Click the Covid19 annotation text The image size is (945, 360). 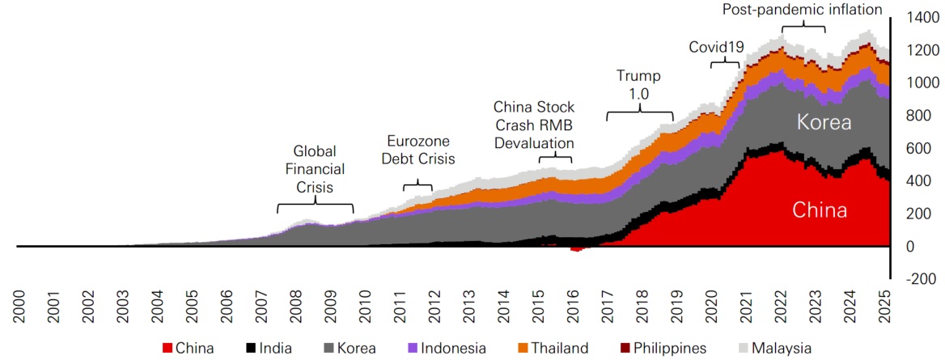coord(716,47)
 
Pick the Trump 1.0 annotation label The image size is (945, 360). coord(638,83)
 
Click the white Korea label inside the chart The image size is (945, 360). coord(824,124)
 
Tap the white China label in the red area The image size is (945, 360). coord(820,211)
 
